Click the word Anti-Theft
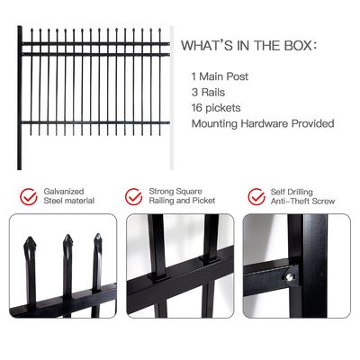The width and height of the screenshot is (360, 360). [291, 202]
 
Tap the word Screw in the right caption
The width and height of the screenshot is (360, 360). [322, 202]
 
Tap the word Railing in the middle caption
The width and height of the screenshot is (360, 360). [166, 202]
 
